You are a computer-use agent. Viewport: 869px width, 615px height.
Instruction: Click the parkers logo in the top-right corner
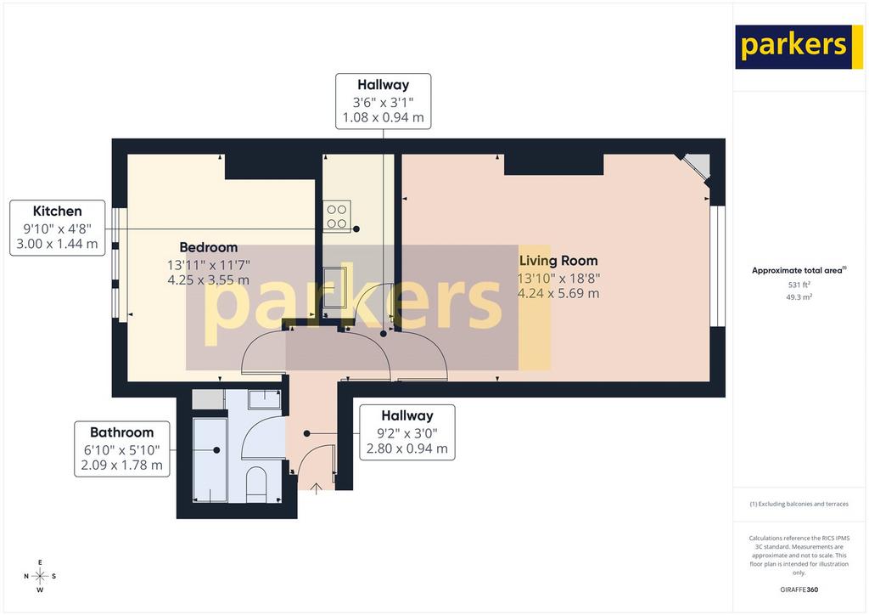(x=799, y=47)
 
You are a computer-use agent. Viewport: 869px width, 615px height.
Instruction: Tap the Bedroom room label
(x=209, y=247)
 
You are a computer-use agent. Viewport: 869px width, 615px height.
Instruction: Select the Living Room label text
(x=558, y=261)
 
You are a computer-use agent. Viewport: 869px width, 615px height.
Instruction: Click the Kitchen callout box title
(x=57, y=212)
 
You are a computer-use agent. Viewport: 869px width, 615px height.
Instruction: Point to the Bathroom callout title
(x=122, y=432)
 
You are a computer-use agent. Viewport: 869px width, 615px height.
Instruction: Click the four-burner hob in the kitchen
(x=337, y=217)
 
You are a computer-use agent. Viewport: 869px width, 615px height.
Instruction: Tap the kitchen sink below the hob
(x=335, y=287)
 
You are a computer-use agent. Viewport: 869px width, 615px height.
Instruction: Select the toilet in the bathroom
(x=256, y=483)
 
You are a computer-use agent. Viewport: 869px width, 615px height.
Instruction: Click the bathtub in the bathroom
(x=210, y=460)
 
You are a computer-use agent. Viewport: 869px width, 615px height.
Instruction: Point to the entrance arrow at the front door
(x=316, y=488)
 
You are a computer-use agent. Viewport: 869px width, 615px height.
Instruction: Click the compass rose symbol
(x=40, y=576)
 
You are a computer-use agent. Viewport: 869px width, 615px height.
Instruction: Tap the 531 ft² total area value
(x=799, y=285)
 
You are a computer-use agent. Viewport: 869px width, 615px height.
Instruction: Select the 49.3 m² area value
(x=799, y=297)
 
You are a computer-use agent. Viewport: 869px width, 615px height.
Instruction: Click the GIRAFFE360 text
(x=799, y=590)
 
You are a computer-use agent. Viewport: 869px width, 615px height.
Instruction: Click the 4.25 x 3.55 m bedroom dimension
(x=209, y=280)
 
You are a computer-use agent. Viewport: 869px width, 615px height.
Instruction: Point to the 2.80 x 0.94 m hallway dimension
(x=406, y=449)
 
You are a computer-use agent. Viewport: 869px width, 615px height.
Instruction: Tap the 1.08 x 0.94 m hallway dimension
(x=383, y=117)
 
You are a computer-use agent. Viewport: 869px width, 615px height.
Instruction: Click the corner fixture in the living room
(x=697, y=166)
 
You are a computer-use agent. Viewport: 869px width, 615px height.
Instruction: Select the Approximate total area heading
(x=799, y=271)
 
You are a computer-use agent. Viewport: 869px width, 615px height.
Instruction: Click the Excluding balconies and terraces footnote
(x=799, y=504)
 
